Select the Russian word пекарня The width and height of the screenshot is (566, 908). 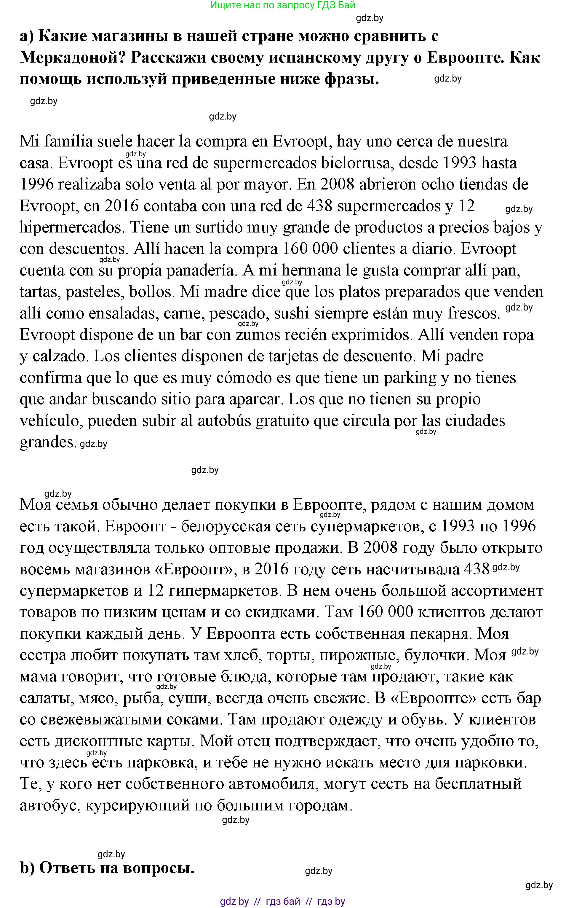coord(441,633)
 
